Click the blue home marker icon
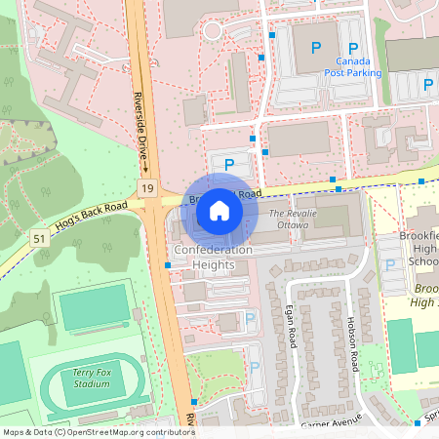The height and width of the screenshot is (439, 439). click(219, 210)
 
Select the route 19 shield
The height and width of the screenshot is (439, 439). click(147, 186)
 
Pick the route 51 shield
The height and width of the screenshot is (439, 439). click(39, 237)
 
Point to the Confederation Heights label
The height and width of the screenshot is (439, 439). click(213, 257)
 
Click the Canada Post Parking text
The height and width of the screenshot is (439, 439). click(353, 65)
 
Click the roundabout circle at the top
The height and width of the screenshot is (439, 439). click(213, 31)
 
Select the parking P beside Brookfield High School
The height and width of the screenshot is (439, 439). click(391, 265)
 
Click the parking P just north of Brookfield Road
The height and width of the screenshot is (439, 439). click(229, 165)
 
